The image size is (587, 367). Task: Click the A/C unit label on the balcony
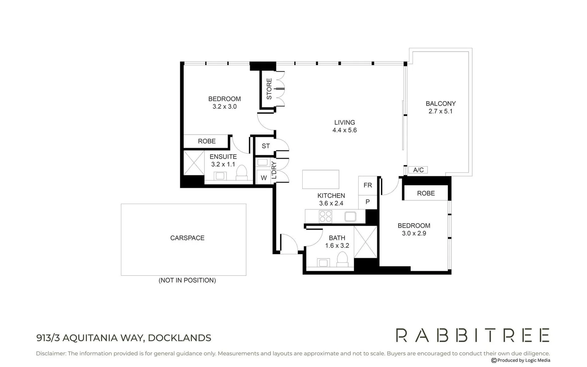point(418,170)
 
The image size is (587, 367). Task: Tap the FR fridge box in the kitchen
point(368,185)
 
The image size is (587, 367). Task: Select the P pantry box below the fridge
point(368,202)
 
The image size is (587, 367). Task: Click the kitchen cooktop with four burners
point(325,216)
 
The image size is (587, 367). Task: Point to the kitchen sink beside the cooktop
point(350,216)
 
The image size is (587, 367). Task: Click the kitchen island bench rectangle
point(321,179)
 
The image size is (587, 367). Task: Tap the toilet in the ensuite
point(242,172)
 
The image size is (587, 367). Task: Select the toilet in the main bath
point(342,259)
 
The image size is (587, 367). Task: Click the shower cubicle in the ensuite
point(194,163)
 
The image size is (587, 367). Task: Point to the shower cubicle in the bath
point(366,242)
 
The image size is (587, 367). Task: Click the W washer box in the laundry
point(264,178)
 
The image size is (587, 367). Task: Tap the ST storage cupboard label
point(266,146)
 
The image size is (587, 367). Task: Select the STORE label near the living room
point(269,89)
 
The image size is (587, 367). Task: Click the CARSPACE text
point(187,238)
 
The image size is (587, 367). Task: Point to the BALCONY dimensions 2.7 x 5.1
point(440,111)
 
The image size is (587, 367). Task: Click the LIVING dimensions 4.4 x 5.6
point(344,130)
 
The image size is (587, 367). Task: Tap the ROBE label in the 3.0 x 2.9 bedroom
point(426,193)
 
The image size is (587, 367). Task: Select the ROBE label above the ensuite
point(207,141)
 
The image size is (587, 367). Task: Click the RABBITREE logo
point(473,335)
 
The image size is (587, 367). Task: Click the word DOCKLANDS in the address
point(179,338)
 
